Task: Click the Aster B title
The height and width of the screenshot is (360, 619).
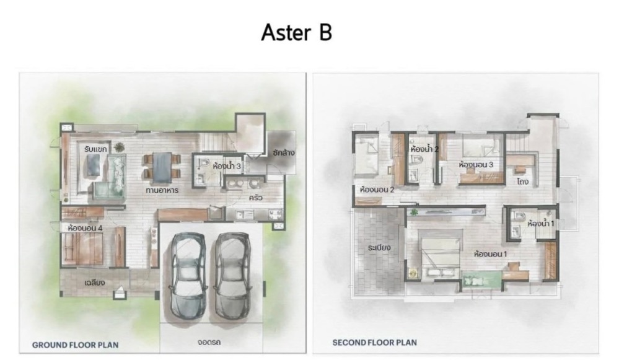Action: tap(296, 32)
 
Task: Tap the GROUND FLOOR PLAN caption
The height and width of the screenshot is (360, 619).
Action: tap(75, 345)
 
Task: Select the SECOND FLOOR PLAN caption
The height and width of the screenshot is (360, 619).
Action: tap(374, 343)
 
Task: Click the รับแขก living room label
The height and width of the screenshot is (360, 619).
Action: tap(95, 149)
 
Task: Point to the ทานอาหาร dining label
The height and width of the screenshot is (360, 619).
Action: tap(162, 190)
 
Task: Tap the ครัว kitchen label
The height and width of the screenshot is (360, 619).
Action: tap(255, 198)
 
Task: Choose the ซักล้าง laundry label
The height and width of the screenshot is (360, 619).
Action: tap(283, 152)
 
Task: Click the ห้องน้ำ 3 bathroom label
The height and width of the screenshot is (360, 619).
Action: tap(227, 166)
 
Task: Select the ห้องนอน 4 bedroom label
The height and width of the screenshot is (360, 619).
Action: tap(85, 228)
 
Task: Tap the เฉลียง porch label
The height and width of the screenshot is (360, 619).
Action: tap(95, 283)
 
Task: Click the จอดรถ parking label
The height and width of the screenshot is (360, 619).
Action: tap(209, 342)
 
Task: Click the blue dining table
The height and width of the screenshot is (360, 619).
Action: tap(162, 167)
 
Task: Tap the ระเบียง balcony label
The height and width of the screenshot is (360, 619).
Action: tap(379, 248)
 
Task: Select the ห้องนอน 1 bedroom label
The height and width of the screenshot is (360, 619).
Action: tap(490, 254)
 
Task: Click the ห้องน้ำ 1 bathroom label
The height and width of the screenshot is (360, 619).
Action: tap(541, 224)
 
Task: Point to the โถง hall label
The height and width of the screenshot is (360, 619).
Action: tap(522, 182)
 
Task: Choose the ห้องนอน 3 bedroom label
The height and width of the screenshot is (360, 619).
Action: tap(476, 165)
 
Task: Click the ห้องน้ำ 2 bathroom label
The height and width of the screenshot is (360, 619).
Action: tap(425, 149)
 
